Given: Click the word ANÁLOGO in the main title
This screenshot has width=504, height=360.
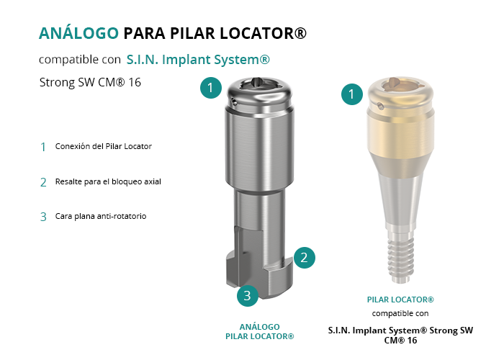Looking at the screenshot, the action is (78, 33).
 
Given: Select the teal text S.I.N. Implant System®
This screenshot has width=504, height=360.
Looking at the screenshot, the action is (198, 60).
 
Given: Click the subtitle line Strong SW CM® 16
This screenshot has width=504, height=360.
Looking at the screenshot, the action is (90, 82).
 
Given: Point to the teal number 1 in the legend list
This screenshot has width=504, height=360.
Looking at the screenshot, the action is (43, 147).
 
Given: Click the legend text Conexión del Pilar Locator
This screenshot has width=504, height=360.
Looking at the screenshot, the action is (104, 146).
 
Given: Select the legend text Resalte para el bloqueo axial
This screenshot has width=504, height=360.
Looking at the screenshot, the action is (108, 181).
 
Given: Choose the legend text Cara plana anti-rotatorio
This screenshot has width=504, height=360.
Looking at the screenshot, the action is (101, 216).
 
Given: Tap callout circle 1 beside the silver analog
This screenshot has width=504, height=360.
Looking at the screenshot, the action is (211, 88).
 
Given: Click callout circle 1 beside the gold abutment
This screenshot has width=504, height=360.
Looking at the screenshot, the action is (352, 94).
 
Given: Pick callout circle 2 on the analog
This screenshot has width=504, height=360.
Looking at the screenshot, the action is (304, 258).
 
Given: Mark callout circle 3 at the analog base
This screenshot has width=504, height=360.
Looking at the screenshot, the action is (248, 295).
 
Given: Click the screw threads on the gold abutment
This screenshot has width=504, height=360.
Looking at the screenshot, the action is (400, 260).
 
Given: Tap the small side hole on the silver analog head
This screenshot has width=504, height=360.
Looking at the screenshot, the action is (235, 103).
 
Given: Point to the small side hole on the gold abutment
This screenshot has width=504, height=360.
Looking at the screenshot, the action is (380, 105).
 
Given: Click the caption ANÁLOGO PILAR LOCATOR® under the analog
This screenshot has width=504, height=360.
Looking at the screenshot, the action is (260, 332).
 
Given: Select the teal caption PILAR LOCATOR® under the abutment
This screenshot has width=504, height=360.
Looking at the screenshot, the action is (400, 300).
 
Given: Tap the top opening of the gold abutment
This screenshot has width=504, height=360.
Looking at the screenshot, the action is (400, 84).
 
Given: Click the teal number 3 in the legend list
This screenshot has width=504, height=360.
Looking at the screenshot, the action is (43, 217).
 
